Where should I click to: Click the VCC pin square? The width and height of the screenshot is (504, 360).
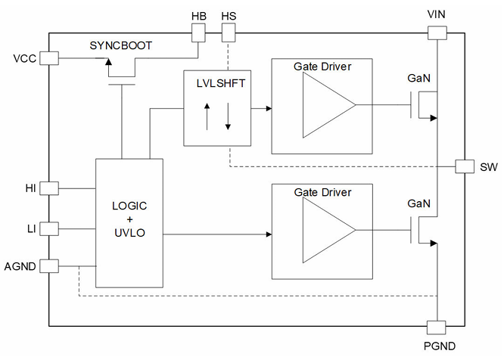tap(48, 57)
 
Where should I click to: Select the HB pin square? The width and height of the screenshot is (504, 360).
tap(198, 33)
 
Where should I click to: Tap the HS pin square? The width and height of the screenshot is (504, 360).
tap(229, 33)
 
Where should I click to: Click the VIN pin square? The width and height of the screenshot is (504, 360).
tap(437, 33)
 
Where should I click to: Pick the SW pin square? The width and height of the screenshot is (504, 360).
tap(464, 166)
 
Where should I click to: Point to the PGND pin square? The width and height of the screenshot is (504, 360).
tap(437, 327)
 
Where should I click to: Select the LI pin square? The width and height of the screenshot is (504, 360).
tap(48, 228)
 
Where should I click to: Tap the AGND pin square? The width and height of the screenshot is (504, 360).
tap(48, 266)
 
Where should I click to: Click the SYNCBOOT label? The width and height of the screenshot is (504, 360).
tap(121, 45)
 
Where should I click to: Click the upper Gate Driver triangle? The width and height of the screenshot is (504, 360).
tap(328, 107)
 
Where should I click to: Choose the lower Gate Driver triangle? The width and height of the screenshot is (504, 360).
tap(328, 234)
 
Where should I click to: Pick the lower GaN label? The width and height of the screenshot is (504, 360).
tap(419, 204)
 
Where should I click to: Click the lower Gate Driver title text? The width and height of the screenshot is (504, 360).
tap(322, 193)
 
